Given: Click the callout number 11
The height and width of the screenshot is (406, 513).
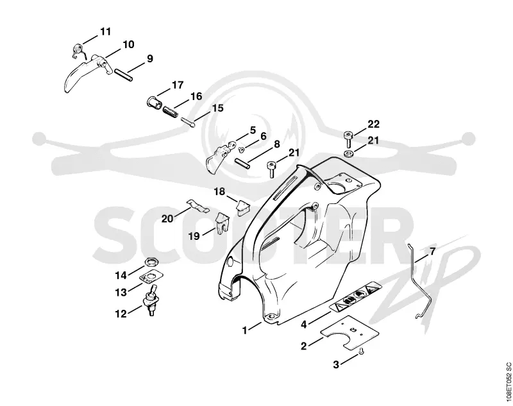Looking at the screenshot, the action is [105, 31].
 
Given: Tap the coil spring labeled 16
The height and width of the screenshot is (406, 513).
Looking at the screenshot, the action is [171, 111].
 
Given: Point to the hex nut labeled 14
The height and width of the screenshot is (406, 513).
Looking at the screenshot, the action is [152, 262].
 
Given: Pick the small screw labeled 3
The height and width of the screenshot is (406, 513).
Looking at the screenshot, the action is [362, 351].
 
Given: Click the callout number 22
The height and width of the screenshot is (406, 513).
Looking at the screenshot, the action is [373, 124].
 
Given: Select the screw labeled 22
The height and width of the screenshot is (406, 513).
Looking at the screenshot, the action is [348, 139].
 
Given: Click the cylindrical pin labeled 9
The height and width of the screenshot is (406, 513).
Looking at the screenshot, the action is [123, 74].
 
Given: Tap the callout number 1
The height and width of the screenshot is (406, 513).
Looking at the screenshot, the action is [245, 330].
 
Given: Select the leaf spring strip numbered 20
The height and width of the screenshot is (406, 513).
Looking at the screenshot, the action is [198, 206].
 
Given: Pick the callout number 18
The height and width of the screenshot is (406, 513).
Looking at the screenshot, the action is [219, 191].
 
